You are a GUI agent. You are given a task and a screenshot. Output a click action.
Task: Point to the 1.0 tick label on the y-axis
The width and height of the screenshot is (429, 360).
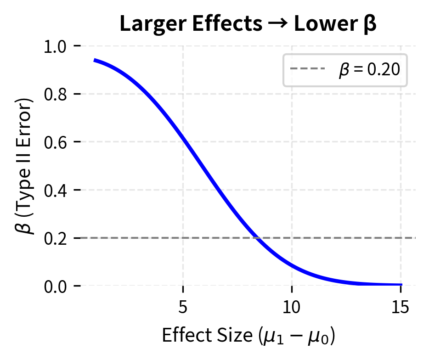(56, 46)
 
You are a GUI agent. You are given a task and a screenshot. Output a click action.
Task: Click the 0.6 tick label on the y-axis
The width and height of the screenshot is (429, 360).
(56, 142)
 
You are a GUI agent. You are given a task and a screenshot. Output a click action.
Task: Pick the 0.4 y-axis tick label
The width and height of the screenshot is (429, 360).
(56, 190)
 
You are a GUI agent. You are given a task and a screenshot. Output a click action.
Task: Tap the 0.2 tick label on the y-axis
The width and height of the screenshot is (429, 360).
(56, 238)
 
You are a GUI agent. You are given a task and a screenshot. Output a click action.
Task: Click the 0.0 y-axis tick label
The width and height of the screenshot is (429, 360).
(56, 286)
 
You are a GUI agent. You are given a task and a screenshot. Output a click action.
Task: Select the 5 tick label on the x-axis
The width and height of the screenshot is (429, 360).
(183, 307)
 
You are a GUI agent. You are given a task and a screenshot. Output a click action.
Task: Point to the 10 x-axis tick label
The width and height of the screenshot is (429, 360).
(292, 307)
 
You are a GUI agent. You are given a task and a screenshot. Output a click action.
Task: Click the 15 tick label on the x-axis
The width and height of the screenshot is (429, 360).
(401, 307)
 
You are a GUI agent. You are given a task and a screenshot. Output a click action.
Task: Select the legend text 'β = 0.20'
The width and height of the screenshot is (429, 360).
(369, 70)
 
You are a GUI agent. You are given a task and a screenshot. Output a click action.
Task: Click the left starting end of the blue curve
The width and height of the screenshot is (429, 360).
(95, 60)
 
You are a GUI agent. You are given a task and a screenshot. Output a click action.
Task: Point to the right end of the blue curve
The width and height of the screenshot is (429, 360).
(401, 285)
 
